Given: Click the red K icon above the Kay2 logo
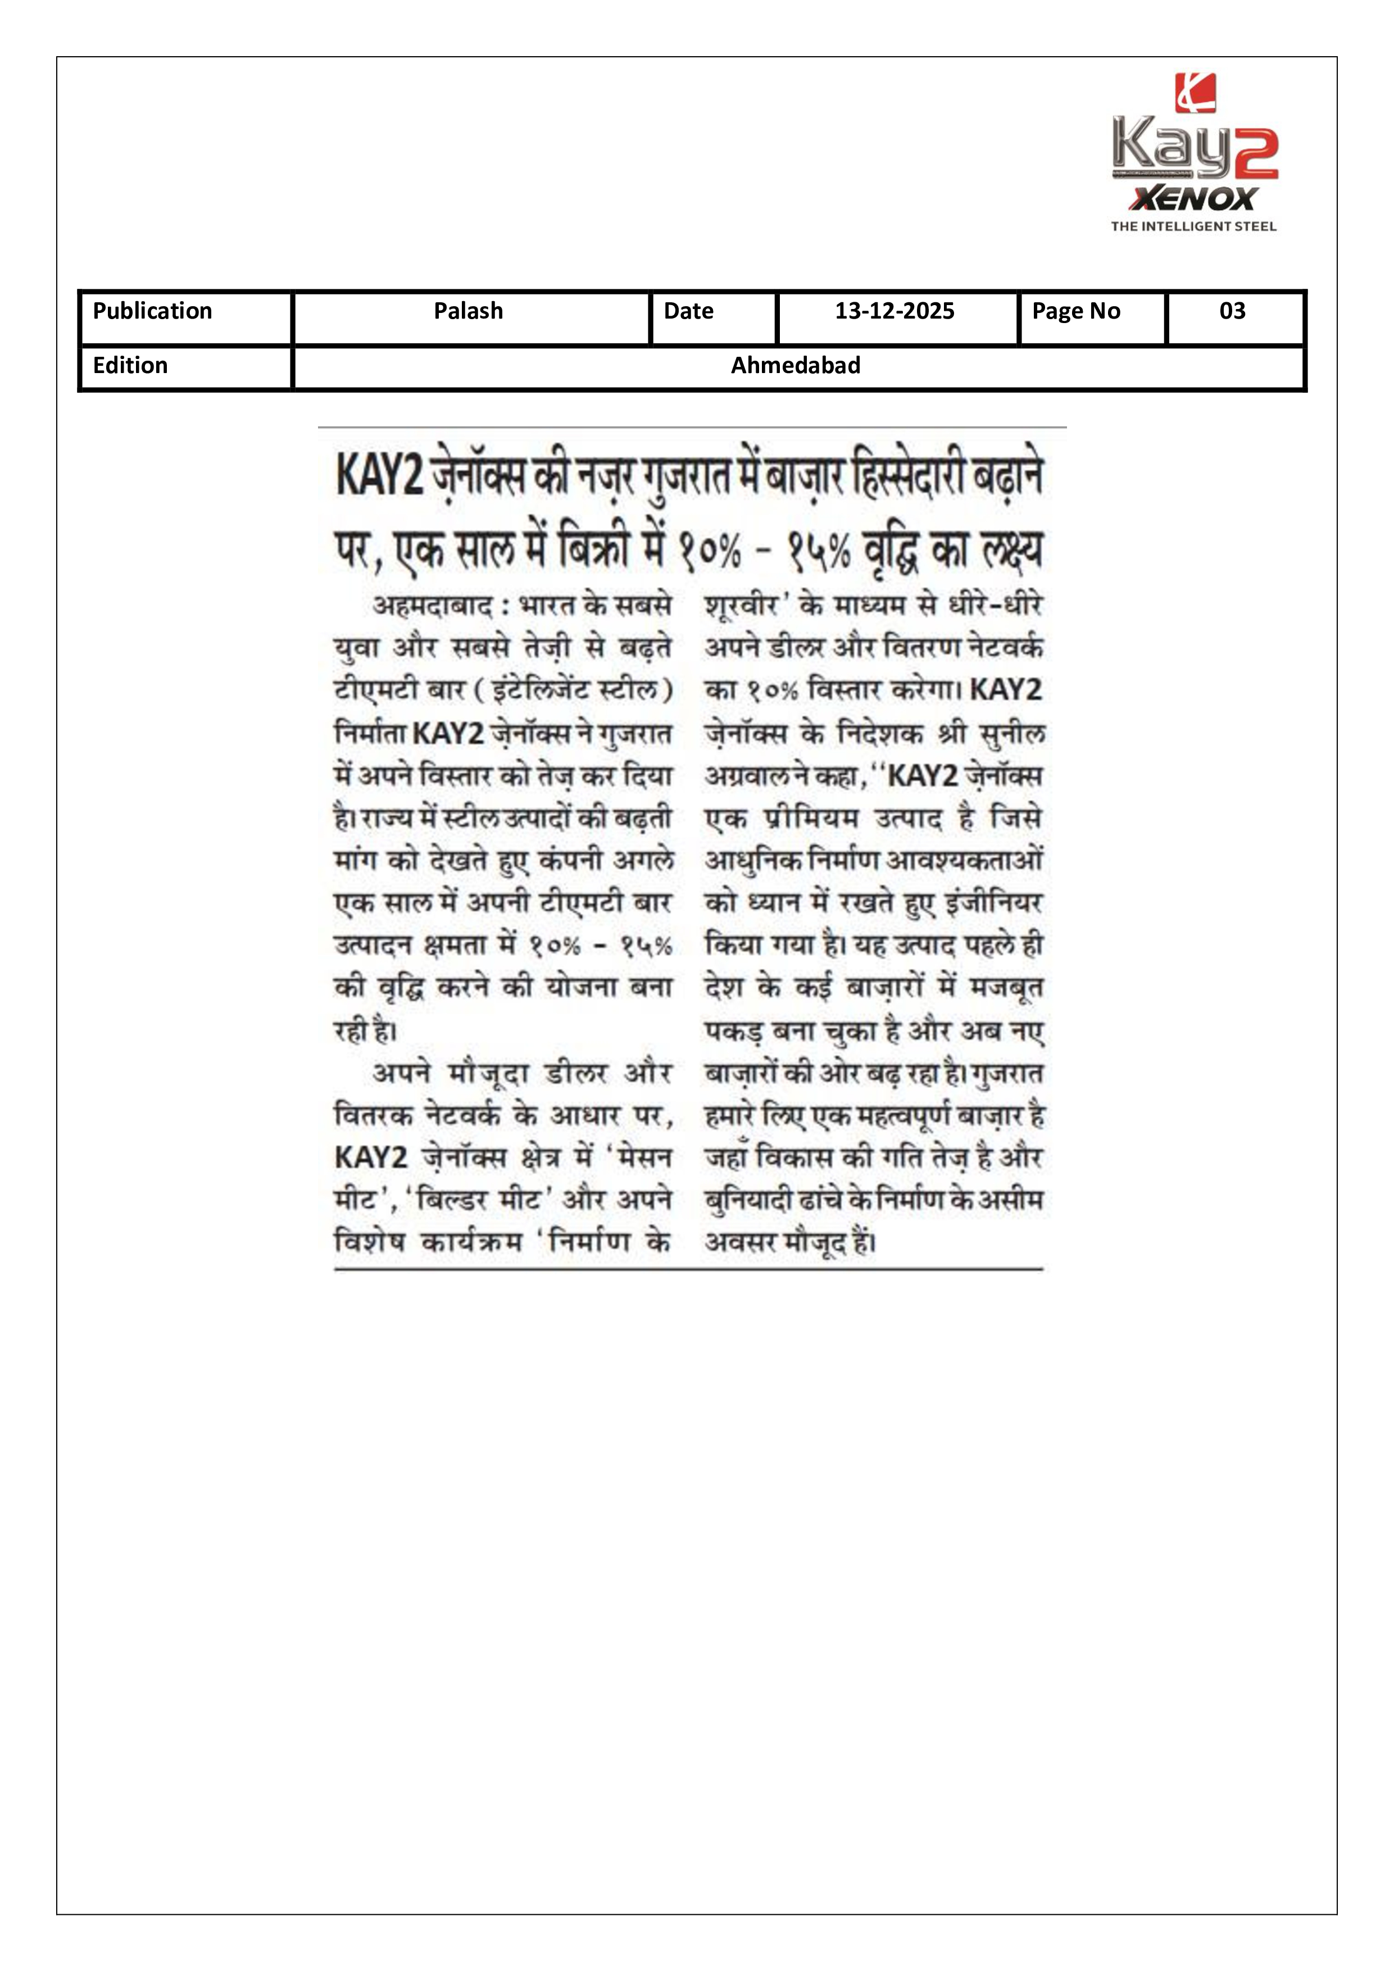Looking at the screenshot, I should [1195, 93].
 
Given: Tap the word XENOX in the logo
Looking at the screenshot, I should [1193, 199].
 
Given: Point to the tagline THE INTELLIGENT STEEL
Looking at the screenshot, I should [1193, 226].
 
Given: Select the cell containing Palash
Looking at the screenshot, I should [468, 311].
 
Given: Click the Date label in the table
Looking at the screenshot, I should [688, 311].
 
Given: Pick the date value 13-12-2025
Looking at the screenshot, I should [894, 311].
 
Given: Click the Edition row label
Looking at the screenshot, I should [130, 366].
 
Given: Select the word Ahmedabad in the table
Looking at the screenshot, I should [795, 366].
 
